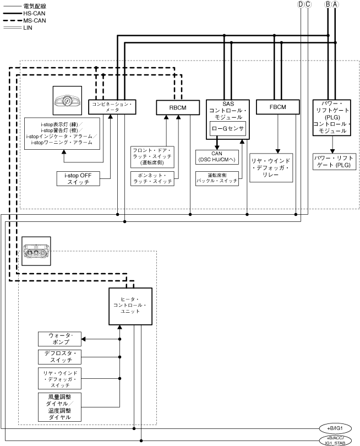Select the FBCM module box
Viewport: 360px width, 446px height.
click(x=277, y=107)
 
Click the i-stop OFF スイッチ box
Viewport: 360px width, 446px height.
click(x=78, y=178)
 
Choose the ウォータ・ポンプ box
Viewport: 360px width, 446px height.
click(x=59, y=339)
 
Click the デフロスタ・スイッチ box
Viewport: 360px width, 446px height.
click(x=59, y=356)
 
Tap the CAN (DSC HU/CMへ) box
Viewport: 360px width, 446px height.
click(x=217, y=156)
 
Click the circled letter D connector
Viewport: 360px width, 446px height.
click(x=300, y=4)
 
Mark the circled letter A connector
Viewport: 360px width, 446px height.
click(x=335, y=4)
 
